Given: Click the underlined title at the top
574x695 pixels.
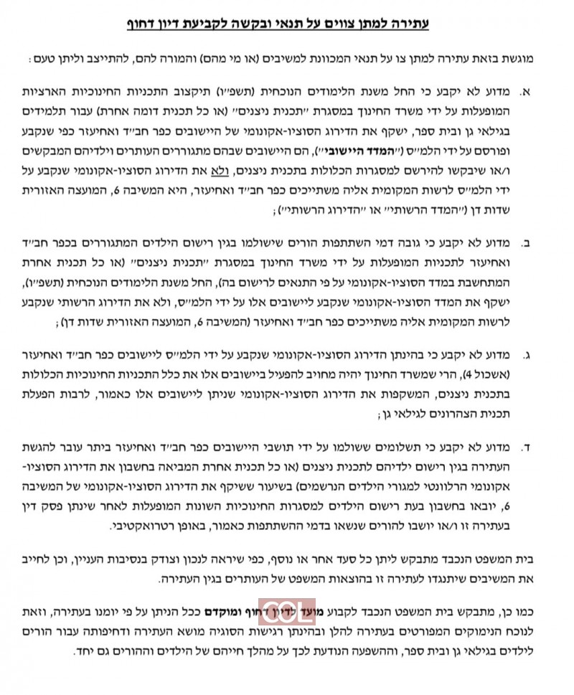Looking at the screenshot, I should coord(287,24).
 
